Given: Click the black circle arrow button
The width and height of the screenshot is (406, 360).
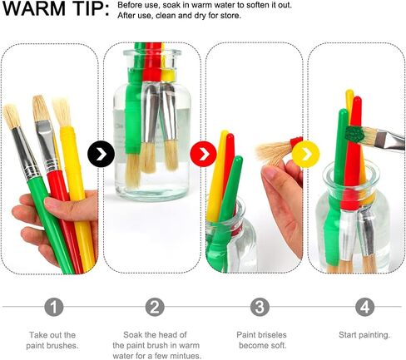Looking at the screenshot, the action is coord(101,154).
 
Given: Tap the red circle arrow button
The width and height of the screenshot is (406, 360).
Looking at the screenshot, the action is coord(203,154).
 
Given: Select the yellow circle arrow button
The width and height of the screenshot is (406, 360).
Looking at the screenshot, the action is coord(305,154).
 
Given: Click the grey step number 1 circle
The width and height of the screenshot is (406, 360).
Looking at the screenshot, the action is coord(53,307).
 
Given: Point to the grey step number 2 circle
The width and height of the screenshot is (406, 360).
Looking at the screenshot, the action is coord(155,307).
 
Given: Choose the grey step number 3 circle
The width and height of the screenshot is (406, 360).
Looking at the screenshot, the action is coord(260,307).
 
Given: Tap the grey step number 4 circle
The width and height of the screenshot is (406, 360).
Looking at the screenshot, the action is coord(364,307).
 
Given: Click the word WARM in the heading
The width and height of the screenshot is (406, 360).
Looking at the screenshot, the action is coord(33,9).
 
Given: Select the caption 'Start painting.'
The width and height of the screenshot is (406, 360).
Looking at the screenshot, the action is coord(364,335).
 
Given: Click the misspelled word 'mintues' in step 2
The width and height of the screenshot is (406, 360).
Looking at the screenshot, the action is coord(186,356).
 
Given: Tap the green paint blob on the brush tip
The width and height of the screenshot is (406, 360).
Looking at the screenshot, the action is coord(354,134).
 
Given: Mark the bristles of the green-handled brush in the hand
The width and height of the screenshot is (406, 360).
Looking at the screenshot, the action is coord(11,116).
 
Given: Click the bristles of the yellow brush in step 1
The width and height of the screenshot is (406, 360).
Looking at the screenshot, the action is coord(62,112).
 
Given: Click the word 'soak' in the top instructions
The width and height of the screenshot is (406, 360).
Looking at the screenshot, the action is coord(170,5).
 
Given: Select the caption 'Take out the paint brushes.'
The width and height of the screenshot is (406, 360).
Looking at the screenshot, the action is coord(52,340).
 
